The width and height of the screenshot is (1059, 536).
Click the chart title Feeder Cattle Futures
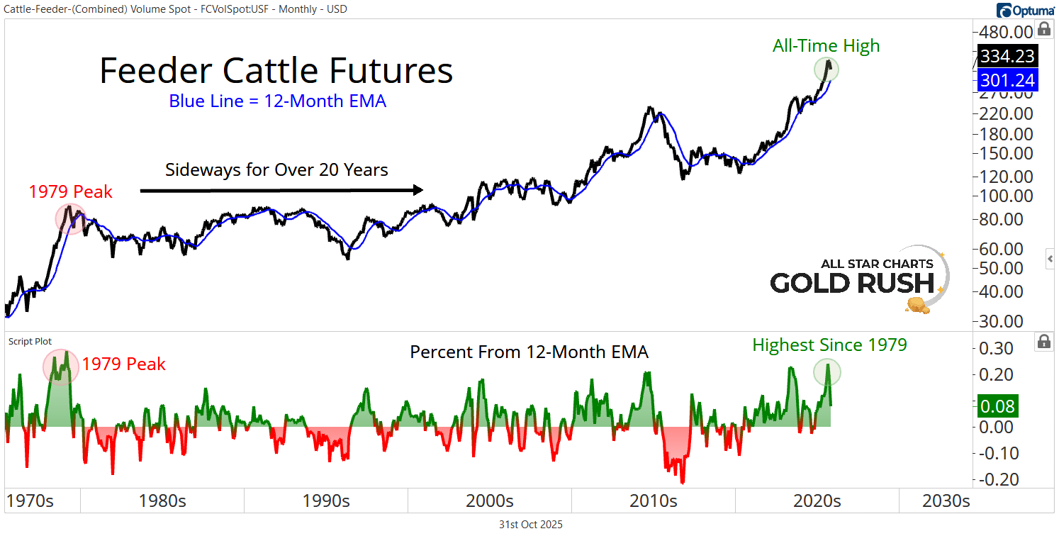point(276,71)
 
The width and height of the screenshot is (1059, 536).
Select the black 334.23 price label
point(1007,56)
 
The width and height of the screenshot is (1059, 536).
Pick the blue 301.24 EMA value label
point(1007,79)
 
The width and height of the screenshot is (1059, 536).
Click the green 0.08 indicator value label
point(997,407)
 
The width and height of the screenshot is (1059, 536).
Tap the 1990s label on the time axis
point(326,501)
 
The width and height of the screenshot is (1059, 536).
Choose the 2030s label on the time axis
point(946,501)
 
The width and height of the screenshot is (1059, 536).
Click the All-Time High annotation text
point(826,46)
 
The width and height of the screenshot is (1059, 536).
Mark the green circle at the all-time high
point(827,69)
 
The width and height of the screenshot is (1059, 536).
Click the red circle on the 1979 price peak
point(69,219)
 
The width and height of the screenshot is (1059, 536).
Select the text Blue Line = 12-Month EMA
point(277,101)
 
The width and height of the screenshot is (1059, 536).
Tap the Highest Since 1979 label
point(829,345)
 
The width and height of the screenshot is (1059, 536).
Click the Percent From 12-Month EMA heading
point(529,352)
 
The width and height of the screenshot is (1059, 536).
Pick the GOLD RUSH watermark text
point(852,283)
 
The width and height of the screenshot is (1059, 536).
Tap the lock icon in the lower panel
point(1043,342)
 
